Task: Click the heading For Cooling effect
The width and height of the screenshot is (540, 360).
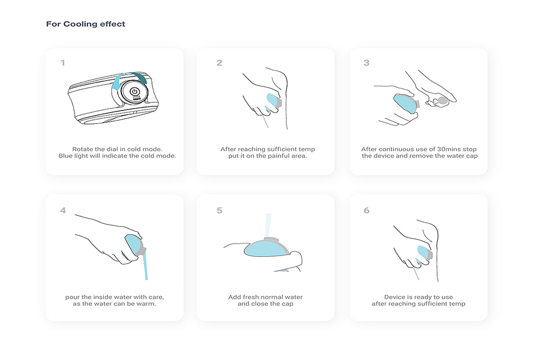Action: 85,24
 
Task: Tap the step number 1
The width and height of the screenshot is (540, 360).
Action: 63,63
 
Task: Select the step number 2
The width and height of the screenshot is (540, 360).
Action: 220,63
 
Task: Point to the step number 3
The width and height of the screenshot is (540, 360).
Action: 366,63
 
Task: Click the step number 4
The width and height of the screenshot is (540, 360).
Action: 63,210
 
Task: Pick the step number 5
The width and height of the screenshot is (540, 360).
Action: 220,210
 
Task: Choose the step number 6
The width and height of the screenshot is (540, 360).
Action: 366,210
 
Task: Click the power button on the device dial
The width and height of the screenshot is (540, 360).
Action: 135,92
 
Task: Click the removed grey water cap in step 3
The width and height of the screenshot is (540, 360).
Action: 442,101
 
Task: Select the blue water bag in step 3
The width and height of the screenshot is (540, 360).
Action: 406,103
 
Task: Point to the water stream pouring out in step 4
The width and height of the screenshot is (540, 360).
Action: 145,265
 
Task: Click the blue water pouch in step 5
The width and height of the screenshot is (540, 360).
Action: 266,249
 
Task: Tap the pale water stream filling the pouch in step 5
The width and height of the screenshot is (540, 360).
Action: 268,226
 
